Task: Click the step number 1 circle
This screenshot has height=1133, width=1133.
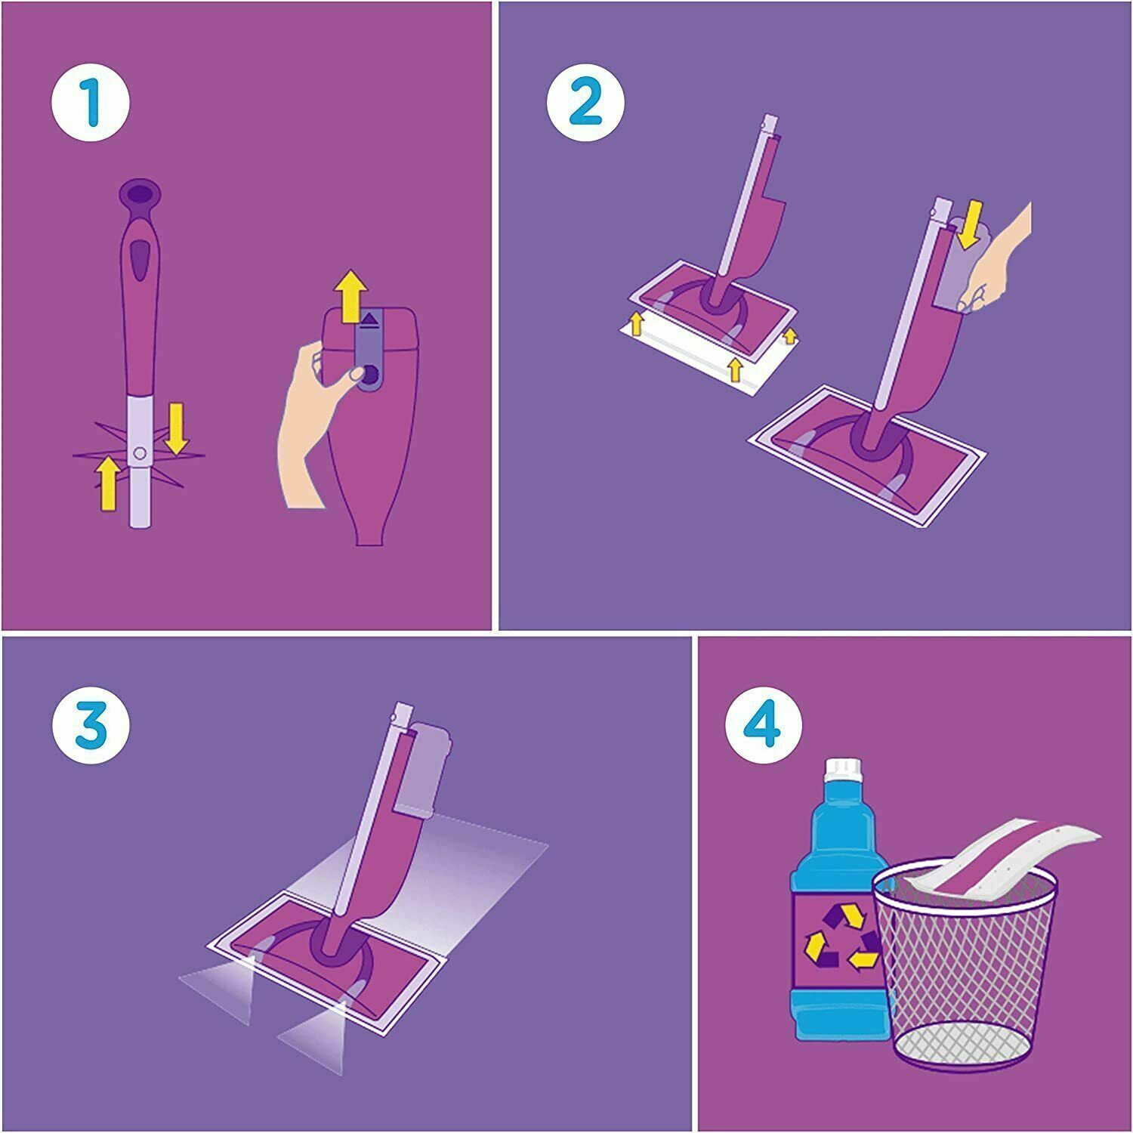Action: (x=91, y=104)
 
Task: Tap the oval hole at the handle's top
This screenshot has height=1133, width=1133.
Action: (x=140, y=193)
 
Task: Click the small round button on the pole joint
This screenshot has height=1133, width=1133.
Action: (x=139, y=453)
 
